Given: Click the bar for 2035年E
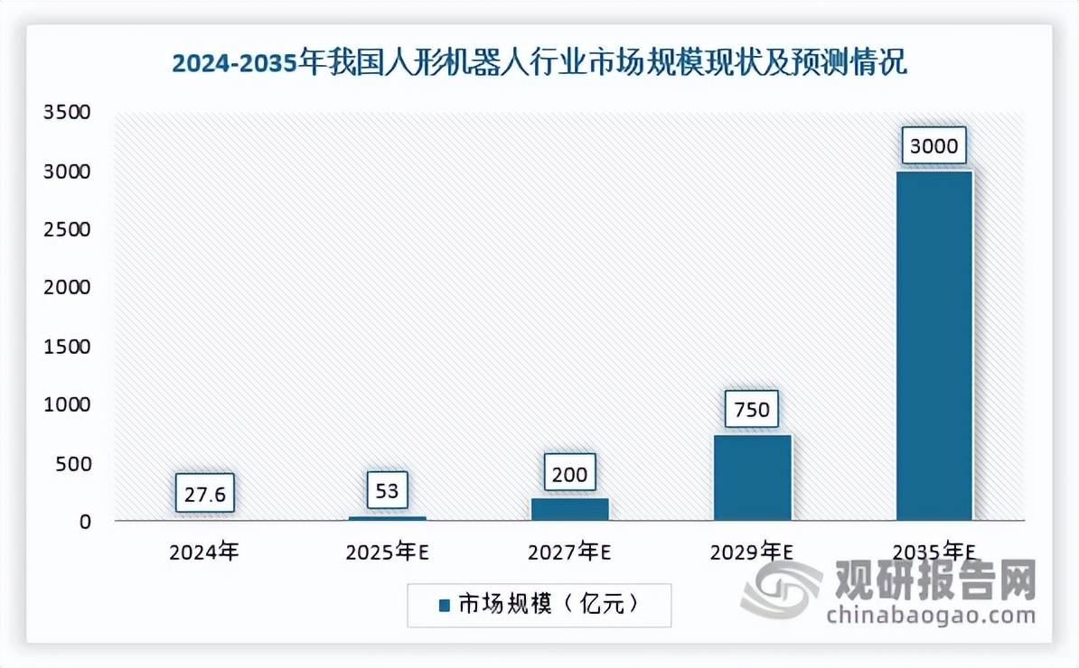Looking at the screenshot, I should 934,345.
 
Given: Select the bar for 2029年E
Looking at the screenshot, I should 752,478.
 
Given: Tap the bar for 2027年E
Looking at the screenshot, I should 569,509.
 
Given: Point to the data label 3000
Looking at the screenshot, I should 934,146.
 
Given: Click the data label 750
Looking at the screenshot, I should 752,410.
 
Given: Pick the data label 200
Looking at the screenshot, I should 569,473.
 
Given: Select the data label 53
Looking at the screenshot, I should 389,491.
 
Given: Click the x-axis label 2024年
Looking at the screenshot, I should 204,551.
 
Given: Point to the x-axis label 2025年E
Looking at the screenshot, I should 387,551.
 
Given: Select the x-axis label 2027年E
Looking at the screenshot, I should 569,551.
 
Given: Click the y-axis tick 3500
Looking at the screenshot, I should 67,113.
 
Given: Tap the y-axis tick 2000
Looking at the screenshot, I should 67,288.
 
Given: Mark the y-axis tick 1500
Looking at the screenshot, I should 67,347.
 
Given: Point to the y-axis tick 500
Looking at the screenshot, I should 72,464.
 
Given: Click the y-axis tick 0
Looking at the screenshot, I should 85,522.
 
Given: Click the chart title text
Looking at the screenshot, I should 539,64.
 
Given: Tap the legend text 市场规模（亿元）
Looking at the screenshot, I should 549,605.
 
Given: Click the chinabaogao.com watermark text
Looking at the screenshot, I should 931,616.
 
